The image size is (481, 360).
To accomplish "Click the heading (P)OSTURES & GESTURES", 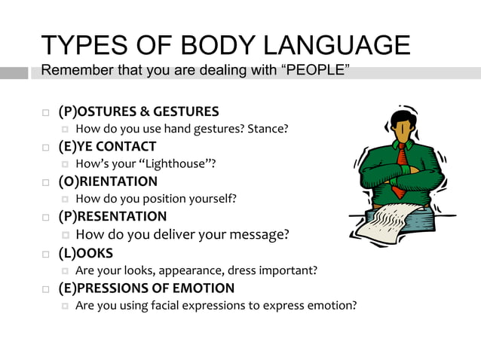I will pyautogui.click(x=139, y=111).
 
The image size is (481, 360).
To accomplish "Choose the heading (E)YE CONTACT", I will pyautogui.click(x=107, y=146).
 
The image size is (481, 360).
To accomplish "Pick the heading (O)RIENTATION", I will pyautogui.click(x=108, y=182).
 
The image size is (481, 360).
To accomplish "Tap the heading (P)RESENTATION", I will pyautogui.click(x=112, y=217).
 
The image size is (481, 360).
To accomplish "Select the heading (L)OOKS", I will pyautogui.click(x=85, y=253).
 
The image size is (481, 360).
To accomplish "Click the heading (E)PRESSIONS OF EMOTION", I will pyautogui.click(x=146, y=288).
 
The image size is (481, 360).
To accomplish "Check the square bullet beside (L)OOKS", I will pyautogui.click(x=46, y=254).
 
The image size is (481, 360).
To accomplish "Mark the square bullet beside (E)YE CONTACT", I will pyautogui.click(x=46, y=147).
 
